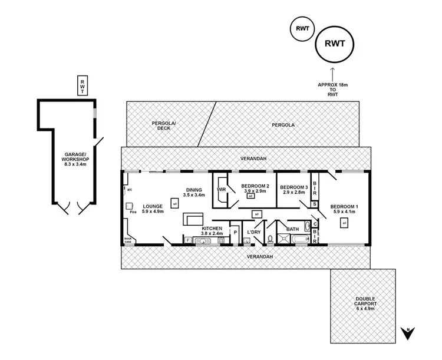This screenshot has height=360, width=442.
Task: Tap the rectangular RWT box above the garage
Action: (83, 85)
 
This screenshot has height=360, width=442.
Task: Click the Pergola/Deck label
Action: (164, 125)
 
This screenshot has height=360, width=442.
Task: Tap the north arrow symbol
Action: (407, 333)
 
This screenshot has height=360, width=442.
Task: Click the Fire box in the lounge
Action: (129, 206)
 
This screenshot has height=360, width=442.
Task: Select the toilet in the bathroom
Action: (270, 239)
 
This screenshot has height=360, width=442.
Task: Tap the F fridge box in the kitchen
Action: (187, 239)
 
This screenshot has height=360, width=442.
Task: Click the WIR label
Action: (222, 190)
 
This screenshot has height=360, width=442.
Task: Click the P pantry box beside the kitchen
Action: (235, 232)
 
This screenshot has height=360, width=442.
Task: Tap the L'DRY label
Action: (254, 232)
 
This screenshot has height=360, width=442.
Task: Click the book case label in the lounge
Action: (128, 240)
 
